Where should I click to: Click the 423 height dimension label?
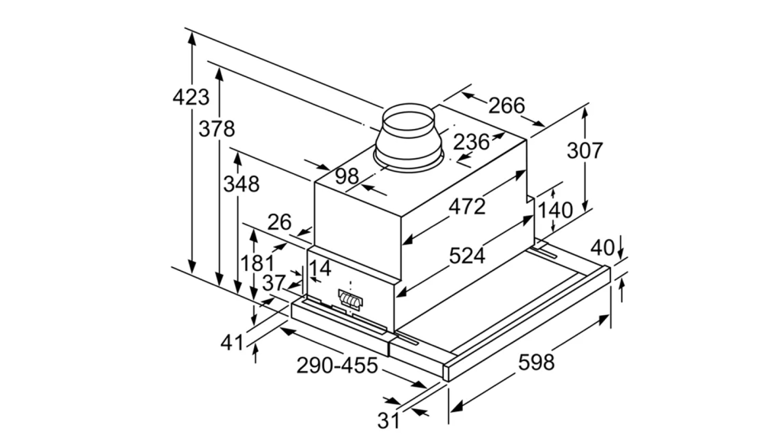coord(191,97)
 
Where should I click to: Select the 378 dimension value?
coord(217,129)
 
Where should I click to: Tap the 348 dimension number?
coord(241,184)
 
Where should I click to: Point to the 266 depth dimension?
coord(506,106)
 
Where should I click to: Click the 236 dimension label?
coord(471,143)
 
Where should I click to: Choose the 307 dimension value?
coord(584,150)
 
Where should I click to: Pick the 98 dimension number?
coord(347,176)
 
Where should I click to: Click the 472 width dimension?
coord(467,206)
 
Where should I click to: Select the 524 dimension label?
coord(467,256)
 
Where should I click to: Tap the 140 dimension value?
coord(555,211)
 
